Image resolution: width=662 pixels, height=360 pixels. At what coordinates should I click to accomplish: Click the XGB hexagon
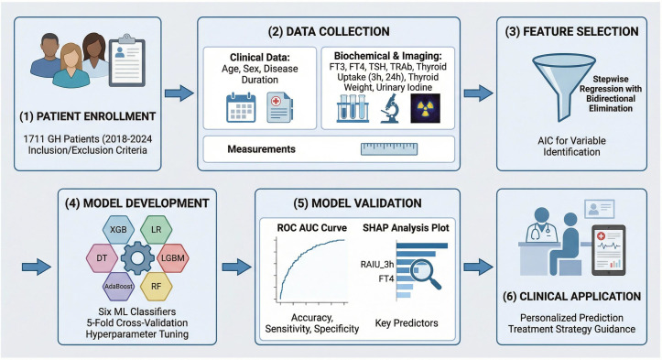coord(118,229)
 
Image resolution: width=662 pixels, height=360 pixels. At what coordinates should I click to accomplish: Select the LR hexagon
coord(157,229)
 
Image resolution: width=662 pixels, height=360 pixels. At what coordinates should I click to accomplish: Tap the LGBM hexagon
coord(173,257)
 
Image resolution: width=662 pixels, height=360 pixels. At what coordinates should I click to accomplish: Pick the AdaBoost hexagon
coord(119,286)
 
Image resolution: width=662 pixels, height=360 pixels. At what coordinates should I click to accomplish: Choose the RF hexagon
coord(157,286)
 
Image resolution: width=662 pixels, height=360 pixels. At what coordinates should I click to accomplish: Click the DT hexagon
coord(102,257)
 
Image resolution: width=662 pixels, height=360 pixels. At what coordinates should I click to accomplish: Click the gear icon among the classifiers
coord(137,257)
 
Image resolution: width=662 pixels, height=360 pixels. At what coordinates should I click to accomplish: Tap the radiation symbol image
coord(425,108)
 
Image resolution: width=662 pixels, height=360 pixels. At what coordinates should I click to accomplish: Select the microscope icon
coord(389,108)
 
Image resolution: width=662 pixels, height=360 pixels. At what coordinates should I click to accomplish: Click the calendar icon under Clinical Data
coord(241,108)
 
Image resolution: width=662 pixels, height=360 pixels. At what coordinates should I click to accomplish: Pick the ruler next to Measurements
coord(389,149)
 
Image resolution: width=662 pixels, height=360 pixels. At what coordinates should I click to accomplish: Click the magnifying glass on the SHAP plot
coord(426,275)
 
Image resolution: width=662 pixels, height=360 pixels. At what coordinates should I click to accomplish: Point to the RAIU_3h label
coord(377,265)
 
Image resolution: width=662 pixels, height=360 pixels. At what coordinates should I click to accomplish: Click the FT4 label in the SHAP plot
coord(385,278)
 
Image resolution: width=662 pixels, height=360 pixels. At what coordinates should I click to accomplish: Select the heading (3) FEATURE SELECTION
coord(571,32)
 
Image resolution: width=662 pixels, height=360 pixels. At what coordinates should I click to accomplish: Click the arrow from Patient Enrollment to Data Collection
coord(179,93)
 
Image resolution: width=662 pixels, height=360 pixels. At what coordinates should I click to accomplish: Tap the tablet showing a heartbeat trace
coord(608,250)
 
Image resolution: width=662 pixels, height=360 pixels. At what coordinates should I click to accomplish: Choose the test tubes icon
coord(353,108)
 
